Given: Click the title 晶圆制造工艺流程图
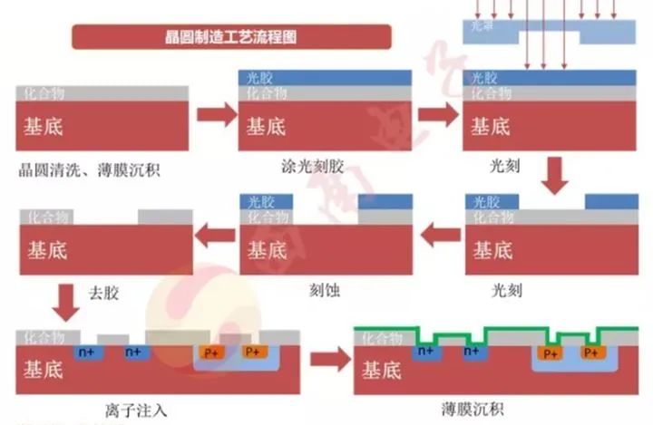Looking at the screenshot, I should click(x=231, y=37).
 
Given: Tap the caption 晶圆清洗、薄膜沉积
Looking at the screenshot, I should click(x=88, y=169).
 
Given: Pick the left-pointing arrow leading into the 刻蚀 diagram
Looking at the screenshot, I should click(x=440, y=237).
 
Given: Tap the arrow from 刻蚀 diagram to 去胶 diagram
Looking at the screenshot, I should click(x=216, y=237).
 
